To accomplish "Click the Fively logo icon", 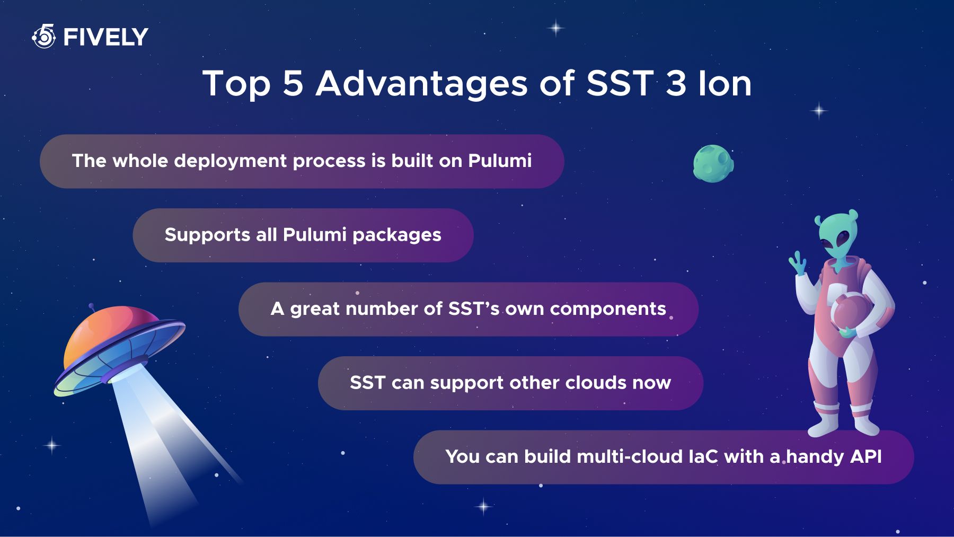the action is [44, 36].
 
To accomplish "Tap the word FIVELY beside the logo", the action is [105, 37].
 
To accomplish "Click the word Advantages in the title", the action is [422, 84].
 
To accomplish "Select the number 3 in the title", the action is [676, 83].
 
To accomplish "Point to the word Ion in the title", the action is [725, 83].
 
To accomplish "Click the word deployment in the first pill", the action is [230, 161].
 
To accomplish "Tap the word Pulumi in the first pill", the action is [500, 161].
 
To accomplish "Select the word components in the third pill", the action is [608, 309].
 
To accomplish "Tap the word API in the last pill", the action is [865, 456].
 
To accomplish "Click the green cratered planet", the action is [713, 164].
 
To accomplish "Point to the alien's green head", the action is [837, 236].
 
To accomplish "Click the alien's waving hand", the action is [798, 263].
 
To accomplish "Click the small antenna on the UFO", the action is [93, 308].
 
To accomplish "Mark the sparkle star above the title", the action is [555, 28].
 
